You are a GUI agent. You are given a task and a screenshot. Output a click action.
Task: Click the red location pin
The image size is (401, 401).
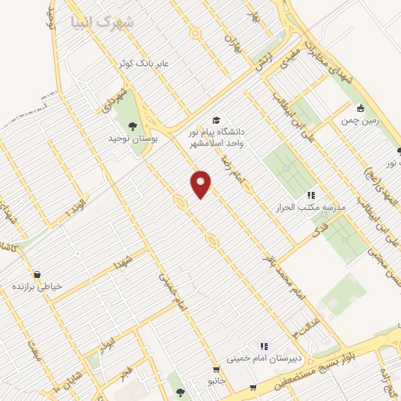[201, 183]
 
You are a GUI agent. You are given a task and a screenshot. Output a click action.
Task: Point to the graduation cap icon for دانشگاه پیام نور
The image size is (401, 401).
[216, 120]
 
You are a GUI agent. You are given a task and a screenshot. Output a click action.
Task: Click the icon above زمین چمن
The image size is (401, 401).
[360, 108]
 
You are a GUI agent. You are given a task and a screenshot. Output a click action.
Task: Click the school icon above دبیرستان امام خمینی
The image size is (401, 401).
[264, 345]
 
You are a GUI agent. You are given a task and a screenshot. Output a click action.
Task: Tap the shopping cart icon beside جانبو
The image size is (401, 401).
[215, 369]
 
